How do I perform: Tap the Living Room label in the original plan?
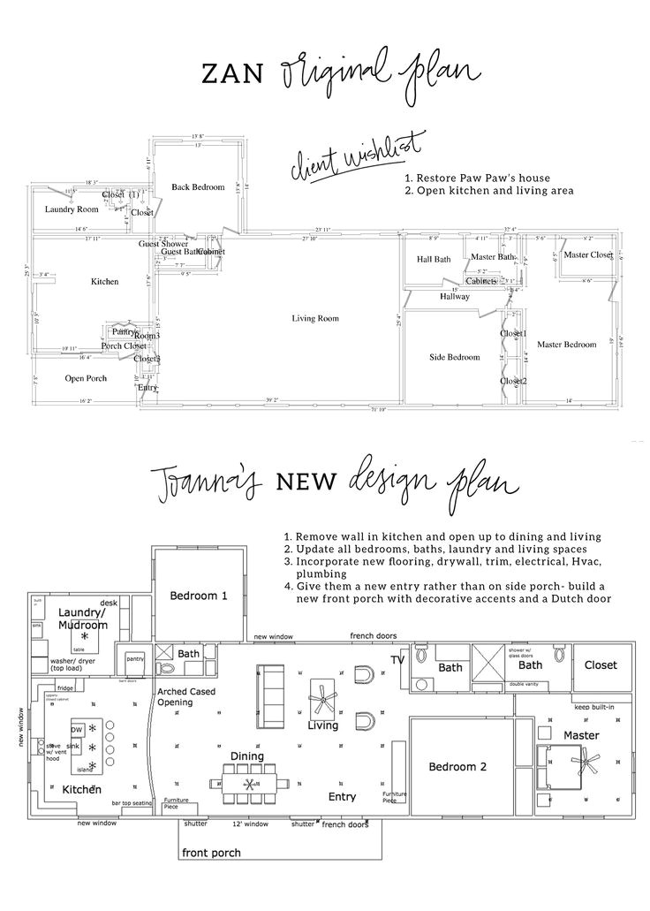pyautogui.click(x=316, y=318)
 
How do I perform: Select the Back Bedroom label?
pyautogui.click(x=198, y=187)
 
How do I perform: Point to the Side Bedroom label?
pyautogui.click(x=455, y=357)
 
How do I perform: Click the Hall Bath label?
pyautogui.click(x=434, y=260)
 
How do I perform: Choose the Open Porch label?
pyautogui.click(x=86, y=378)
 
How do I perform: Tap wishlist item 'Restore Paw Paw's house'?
pyautogui.click(x=477, y=178)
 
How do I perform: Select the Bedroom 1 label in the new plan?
pyautogui.click(x=199, y=596)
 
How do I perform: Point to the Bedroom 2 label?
pyautogui.click(x=458, y=766)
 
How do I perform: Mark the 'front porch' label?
pyautogui.click(x=211, y=853)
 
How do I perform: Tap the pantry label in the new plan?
pyautogui.click(x=134, y=658)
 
